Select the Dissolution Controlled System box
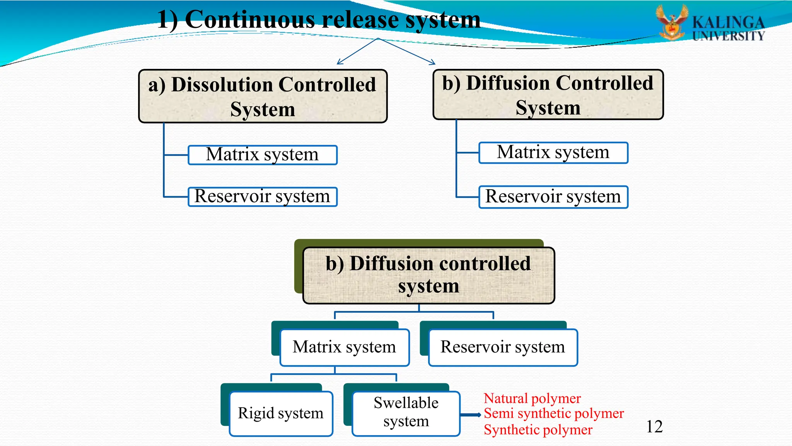click(x=263, y=96)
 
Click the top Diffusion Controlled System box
click(x=548, y=95)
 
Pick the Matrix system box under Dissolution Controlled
click(x=263, y=155)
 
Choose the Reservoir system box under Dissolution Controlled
click(x=263, y=197)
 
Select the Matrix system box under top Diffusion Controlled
click(x=553, y=153)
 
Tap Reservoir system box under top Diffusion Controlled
click(x=553, y=197)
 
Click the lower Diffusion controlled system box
click(x=428, y=275)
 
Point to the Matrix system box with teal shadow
click(x=344, y=347)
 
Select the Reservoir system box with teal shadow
click(x=503, y=347)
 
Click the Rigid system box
click(x=281, y=413)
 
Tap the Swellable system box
click(x=406, y=413)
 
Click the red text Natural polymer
click(x=532, y=398)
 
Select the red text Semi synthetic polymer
click(x=553, y=413)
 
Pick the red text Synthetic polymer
click(x=538, y=430)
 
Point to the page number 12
click(x=654, y=427)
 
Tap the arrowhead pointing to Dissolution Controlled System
click(x=339, y=62)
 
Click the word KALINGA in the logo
click(x=728, y=22)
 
